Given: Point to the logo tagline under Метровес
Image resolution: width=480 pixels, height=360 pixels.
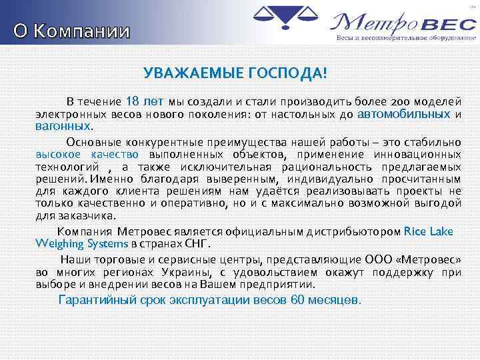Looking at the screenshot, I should [x=400, y=39].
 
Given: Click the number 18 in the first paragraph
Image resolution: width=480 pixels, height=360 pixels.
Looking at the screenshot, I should [x=132, y=102].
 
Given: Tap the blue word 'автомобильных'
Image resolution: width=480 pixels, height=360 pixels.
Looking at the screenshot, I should [x=403, y=114].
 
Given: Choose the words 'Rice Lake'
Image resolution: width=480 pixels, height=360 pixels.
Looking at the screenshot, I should [x=429, y=231].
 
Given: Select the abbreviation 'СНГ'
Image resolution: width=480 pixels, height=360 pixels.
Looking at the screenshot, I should [x=203, y=243].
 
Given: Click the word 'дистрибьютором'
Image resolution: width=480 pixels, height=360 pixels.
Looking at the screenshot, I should [x=353, y=232].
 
